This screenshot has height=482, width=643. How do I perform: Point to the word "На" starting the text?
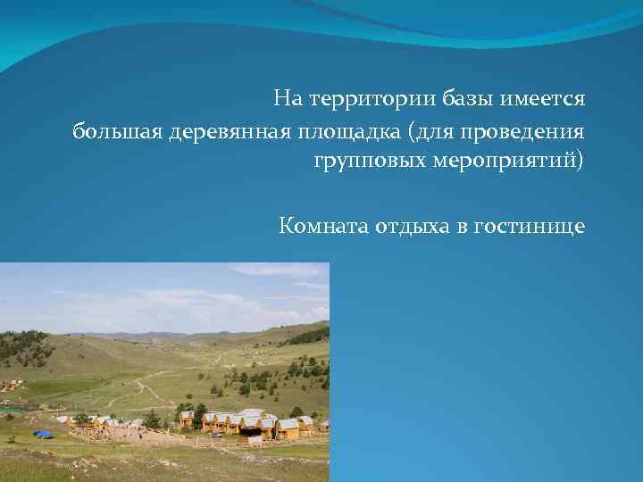(288, 96)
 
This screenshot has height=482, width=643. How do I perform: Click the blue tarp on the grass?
(43, 434)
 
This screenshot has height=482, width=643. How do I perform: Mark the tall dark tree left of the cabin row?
(153, 418)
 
